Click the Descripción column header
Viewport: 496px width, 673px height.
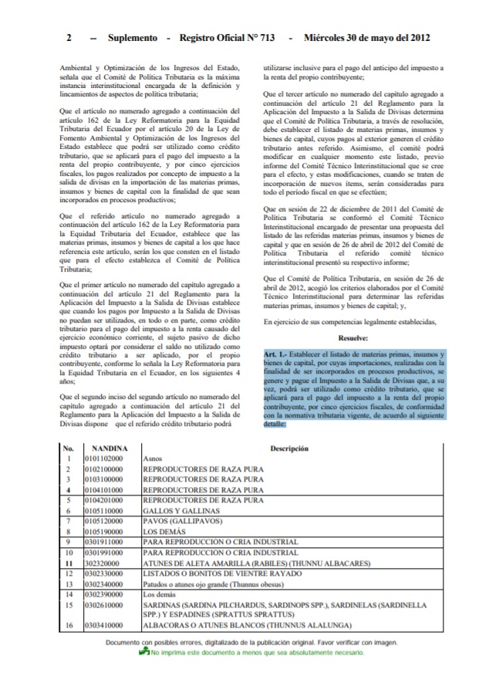[289, 448]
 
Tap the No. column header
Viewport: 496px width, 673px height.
[68, 448]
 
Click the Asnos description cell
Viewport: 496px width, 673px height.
[152, 458]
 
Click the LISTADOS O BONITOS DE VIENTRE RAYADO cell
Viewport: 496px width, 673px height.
[220, 573]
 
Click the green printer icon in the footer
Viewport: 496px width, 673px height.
[143, 654]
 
